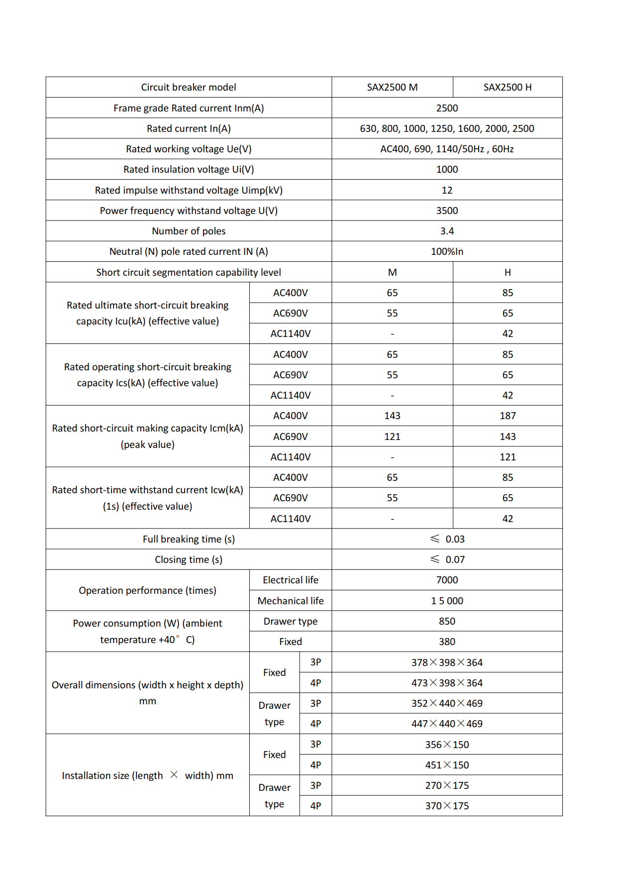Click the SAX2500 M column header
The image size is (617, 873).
pyautogui.click(x=392, y=87)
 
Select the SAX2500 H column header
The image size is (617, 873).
pyautogui.click(x=508, y=87)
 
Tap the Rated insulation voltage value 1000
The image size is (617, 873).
pyautogui.click(x=447, y=169)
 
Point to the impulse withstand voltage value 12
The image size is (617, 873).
pyautogui.click(x=447, y=190)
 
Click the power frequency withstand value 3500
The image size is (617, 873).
pyautogui.click(x=447, y=211)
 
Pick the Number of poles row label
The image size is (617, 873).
pyautogui.click(x=189, y=231)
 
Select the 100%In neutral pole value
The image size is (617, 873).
pyautogui.click(x=447, y=251)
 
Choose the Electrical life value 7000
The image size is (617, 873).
pyautogui.click(x=447, y=580)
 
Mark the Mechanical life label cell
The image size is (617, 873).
pyautogui.click(x=291, y=601)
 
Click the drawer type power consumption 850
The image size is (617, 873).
pyautogui.click(x=447, y=621)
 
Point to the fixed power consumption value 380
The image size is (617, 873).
pyautogui.click(x=447, y=642)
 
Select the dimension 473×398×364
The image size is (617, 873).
pyautogui.click(x=447, y=683)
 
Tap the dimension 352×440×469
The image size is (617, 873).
pyautogui.click(x=447, y=703)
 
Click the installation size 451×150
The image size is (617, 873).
pyautogui.click(x=447, y=765)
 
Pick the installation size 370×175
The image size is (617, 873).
pyautogui.click(x=447, y=806)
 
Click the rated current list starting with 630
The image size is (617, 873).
pyautogui.click(x=447, y=128)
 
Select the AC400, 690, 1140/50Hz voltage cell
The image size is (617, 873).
pyautogui.click(x=447, y=149)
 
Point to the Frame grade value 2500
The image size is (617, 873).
pyautogui.click(x=447, y=108)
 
